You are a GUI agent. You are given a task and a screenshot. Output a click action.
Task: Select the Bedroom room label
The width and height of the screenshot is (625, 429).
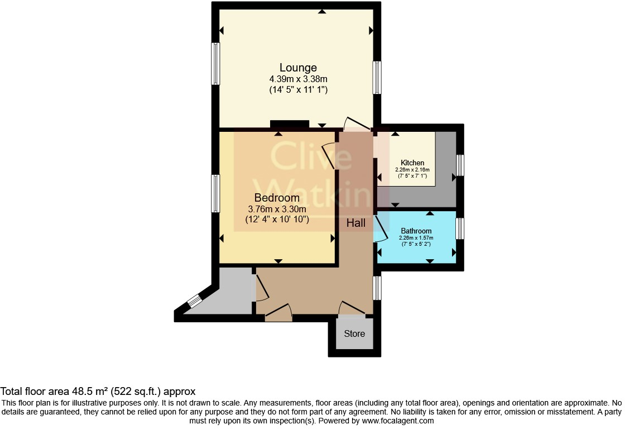click(x=277, y=198)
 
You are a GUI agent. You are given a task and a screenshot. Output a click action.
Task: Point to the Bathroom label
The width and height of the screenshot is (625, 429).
click(x=416, y=231)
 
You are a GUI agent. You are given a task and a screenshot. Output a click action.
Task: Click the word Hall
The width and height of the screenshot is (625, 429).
click(x=356, y=223)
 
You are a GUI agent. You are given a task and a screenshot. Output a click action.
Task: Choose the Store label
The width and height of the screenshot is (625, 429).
click(x=354, y=333)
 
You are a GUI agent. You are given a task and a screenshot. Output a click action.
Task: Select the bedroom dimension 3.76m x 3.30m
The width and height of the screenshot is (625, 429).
click(x=277, y=209)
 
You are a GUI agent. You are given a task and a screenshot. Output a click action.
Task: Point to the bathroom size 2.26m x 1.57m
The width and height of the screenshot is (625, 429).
click(x=416, y=238)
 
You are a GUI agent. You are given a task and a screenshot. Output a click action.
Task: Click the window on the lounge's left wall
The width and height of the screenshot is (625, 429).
click(x=215, y=64)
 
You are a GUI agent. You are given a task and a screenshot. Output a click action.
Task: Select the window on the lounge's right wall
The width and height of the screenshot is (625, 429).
click(x=377, y=78)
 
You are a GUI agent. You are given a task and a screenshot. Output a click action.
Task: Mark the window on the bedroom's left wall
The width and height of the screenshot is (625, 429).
click(x=215, y=193)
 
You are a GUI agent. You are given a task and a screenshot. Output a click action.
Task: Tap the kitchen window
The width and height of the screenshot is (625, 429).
click(x=460, y=165)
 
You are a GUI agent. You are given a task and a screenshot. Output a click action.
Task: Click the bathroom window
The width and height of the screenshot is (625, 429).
click(x=460, y=228)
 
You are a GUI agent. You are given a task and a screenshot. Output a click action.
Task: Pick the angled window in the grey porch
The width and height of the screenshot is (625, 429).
click(x=194, y=301)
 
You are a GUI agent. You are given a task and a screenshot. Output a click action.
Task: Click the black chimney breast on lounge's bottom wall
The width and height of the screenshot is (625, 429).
click(x=289, y=124)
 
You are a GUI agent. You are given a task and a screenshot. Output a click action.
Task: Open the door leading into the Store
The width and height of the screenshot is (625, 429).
click(x=352, y=307)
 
